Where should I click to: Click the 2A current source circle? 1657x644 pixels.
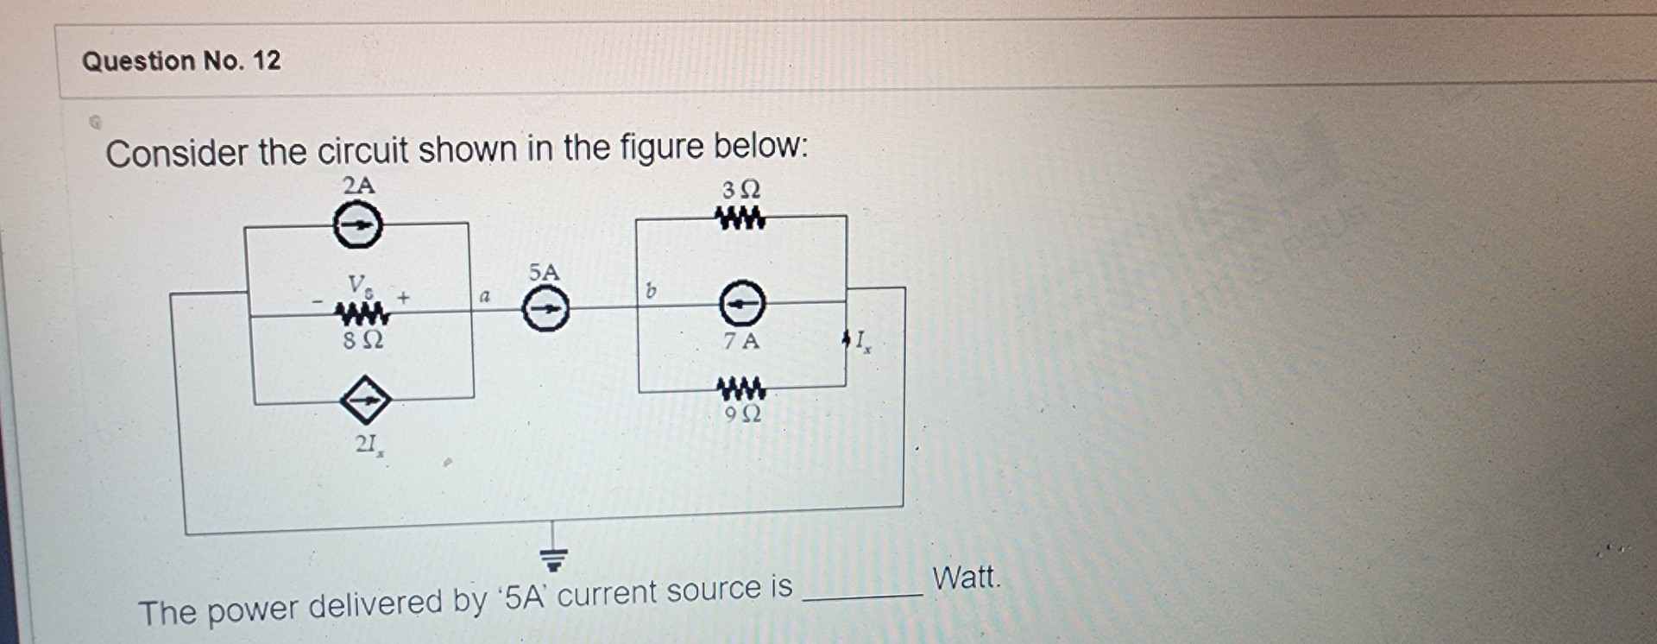click(357, 226)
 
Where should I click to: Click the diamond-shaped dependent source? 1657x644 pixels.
click(365, 401)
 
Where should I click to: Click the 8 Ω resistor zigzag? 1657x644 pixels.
click(362, 313)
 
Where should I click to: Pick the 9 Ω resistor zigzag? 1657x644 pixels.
click(741, 388)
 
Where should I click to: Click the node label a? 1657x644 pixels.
click(485, 296)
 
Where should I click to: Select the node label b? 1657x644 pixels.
click(652, 292)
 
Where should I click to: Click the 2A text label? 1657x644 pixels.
click(359, 185)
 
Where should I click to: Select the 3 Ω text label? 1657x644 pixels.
click(741, 189)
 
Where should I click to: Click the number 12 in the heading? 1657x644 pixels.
click(267, 60)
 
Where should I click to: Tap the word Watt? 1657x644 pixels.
click(967, 577)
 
